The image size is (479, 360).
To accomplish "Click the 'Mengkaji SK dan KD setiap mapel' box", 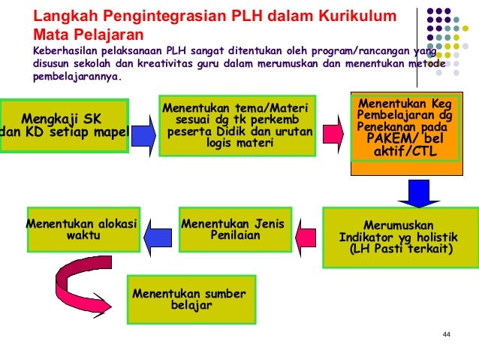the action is [x=63, y=126].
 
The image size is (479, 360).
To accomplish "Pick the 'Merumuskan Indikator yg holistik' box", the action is [x=399, y=237].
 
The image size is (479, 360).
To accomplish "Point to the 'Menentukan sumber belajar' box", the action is [x=190, y=298].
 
